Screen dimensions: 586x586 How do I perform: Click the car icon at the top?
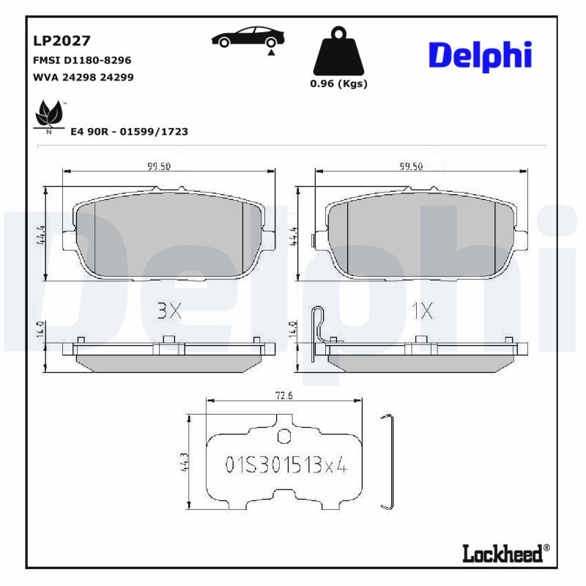click(x=248, y=37)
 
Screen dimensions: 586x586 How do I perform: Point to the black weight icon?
click(x=338, y=51)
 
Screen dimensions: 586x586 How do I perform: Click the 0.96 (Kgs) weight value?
click(x=338, y=84)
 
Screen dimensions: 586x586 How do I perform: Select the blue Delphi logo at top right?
click(x=480, y=56)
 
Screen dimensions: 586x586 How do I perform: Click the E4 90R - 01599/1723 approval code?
click(x=129, y=131)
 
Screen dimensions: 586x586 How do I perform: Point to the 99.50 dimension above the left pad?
click(x=158, y=166)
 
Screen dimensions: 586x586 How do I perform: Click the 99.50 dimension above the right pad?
click(x=411, y=166)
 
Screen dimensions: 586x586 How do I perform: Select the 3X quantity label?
click(x=168, y=311)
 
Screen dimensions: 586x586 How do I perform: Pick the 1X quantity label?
click(x=421, y=311)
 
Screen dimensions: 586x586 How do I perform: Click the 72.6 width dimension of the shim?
click(x=283, y=396)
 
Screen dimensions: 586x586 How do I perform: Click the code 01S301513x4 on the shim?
click(x=285, y=465)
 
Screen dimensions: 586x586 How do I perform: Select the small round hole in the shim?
click(x=284, y=437)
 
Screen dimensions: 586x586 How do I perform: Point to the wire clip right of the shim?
click(x=389, y=461)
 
